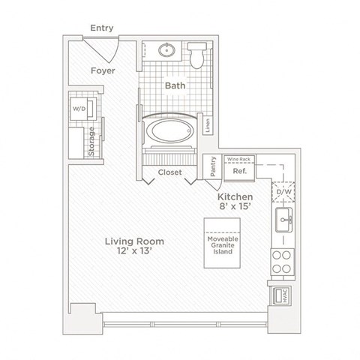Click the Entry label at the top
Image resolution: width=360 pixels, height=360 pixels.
pyautogui.click(x=101, y=28)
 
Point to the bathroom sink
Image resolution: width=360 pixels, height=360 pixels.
pyautogui.click(x=166, y=52)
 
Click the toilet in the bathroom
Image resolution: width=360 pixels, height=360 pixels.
pyautogui.click(x=197, y=56)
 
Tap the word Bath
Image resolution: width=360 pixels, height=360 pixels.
pyautogui.click(x=175, y=86)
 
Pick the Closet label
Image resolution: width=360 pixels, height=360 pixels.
pyautogui.click(x=170, y=172)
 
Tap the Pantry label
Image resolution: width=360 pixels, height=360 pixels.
pyautogui.click(x=214, y=166)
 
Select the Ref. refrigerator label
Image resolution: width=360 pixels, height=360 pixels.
pyautogui.click(x=240, y=171)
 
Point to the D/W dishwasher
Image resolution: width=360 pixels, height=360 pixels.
pyautogui.click(x=284, y=191)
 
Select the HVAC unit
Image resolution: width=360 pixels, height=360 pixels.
pyautogui.click(x=284, y=295)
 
